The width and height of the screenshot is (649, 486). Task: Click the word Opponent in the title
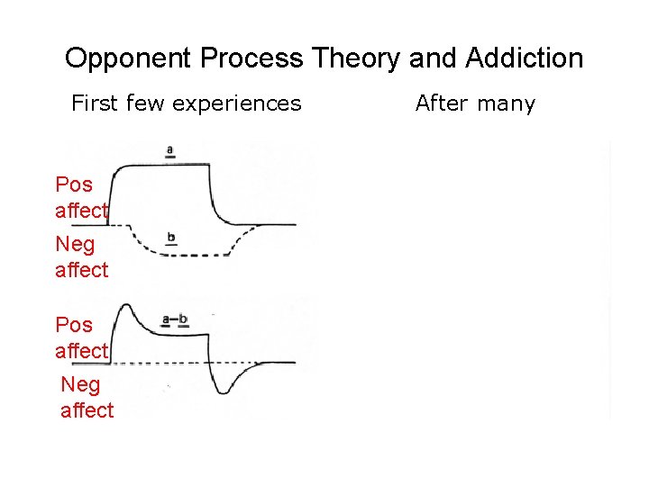(x=129, y=59)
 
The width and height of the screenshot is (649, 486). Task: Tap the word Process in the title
(x=251, y=59)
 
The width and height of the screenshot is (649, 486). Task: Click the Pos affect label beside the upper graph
(x=81, y=197)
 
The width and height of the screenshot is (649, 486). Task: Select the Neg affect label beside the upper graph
(x=81, y=256)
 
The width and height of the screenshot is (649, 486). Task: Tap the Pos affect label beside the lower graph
(x=81, y=337)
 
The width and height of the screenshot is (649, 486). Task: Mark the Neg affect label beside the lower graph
(x=87, y=397)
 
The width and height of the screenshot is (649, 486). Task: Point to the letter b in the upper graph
(x=171, y=238)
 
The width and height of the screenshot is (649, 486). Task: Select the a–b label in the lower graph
(x=174, y=319)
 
